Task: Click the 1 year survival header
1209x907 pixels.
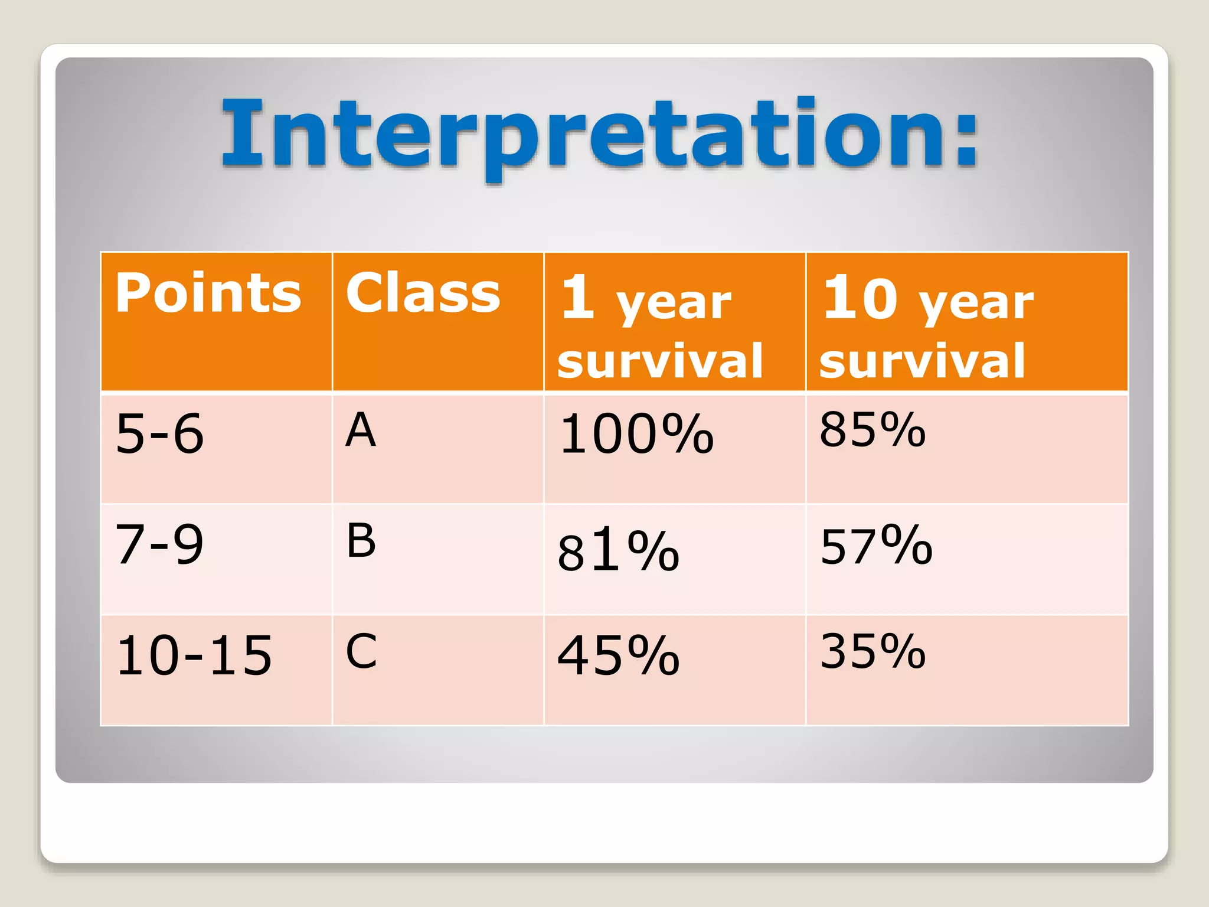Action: point(659,328)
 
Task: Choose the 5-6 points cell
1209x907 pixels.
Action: point(160,434)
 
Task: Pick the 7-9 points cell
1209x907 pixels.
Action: point(159,544)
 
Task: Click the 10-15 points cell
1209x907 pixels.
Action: point(194,655)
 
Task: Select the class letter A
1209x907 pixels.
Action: point(361,430)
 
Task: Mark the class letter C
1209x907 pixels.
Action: point(361,651)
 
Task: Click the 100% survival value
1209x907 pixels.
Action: point(636,435)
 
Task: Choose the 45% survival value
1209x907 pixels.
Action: point(618,655)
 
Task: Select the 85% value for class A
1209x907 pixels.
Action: point(872,430)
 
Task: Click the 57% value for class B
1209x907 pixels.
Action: point(876,546)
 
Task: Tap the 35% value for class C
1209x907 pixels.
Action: point(873,651)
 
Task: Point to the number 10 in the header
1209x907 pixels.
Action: point(860,298)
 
